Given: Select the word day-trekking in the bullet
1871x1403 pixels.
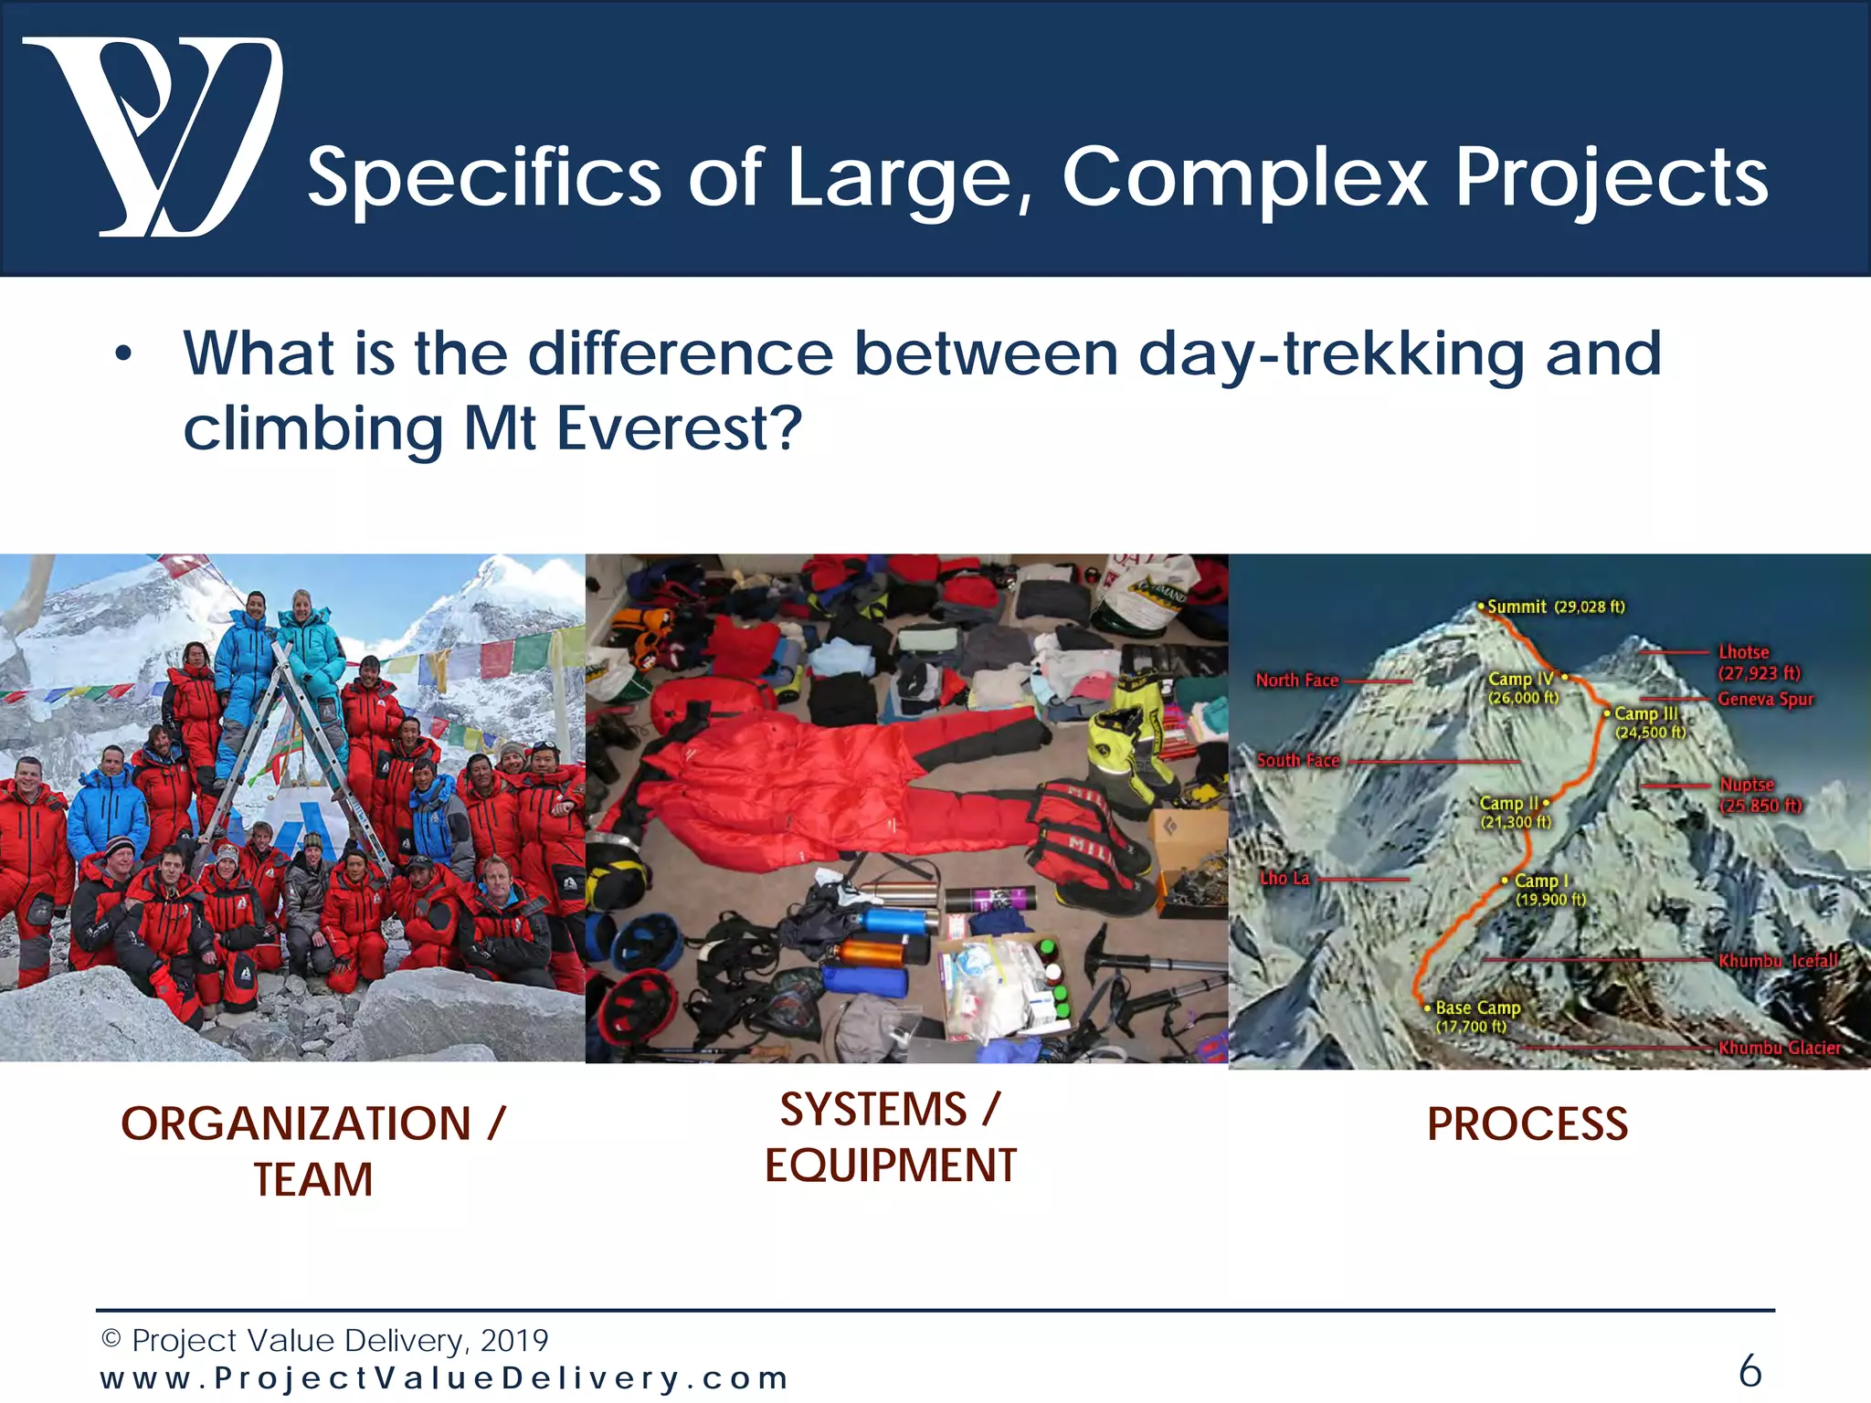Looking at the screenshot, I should (1331, 353).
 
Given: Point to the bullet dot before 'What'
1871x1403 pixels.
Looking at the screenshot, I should (123, 354).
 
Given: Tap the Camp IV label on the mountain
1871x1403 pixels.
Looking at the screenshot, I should (1522, 687).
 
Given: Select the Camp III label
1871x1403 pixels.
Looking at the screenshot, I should (1647, 722).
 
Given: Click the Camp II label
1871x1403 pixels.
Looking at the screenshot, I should (1512, 811).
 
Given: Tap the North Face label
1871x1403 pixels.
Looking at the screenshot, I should (1296, 680).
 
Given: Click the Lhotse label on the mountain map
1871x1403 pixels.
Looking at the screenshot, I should (1745, 652).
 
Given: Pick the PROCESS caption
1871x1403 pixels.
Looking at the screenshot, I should (1527, 1123).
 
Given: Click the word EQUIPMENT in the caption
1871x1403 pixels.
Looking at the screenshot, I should (891, 1166).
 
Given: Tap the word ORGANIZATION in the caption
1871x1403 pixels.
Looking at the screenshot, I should (296, 1123).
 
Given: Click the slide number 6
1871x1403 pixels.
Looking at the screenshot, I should (1749, 1370).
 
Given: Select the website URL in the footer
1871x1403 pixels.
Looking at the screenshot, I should (444, 1377).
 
